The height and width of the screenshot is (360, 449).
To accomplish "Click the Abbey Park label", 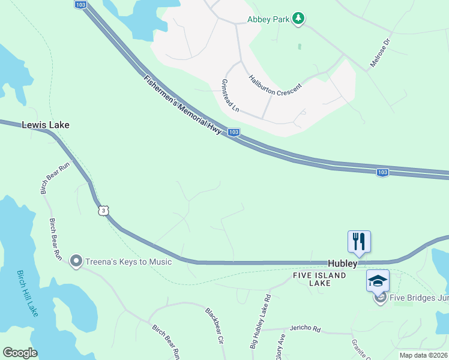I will click(x=269, y=19).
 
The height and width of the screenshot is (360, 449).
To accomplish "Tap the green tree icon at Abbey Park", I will click(x=298, y=19).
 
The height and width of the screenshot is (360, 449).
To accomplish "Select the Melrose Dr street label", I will click(x=380, y=53).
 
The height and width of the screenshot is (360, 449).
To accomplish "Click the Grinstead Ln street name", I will click(x=231, y=96).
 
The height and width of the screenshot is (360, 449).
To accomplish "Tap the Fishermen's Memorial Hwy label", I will click(x=182, y=107).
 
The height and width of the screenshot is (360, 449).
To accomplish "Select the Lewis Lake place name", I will click(x=46, y=125).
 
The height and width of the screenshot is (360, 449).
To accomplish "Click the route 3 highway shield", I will click(x=104, y=210).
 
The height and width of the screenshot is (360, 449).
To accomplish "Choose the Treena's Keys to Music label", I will click(x=129, y=262).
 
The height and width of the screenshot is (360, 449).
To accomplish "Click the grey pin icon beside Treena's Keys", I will click(x=76, y=261).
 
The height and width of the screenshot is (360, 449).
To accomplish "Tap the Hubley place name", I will click(x=343, y=263).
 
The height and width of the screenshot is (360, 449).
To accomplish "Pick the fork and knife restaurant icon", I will click(x=359, y=241).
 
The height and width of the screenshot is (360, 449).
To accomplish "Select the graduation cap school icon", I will click(x=378, y=281).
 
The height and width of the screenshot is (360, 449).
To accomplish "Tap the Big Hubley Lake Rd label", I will click(x=261, y=322).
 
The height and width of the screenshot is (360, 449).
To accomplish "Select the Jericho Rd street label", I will click(x=306, y=329).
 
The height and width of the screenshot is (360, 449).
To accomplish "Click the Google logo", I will click(x=20, y=353).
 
